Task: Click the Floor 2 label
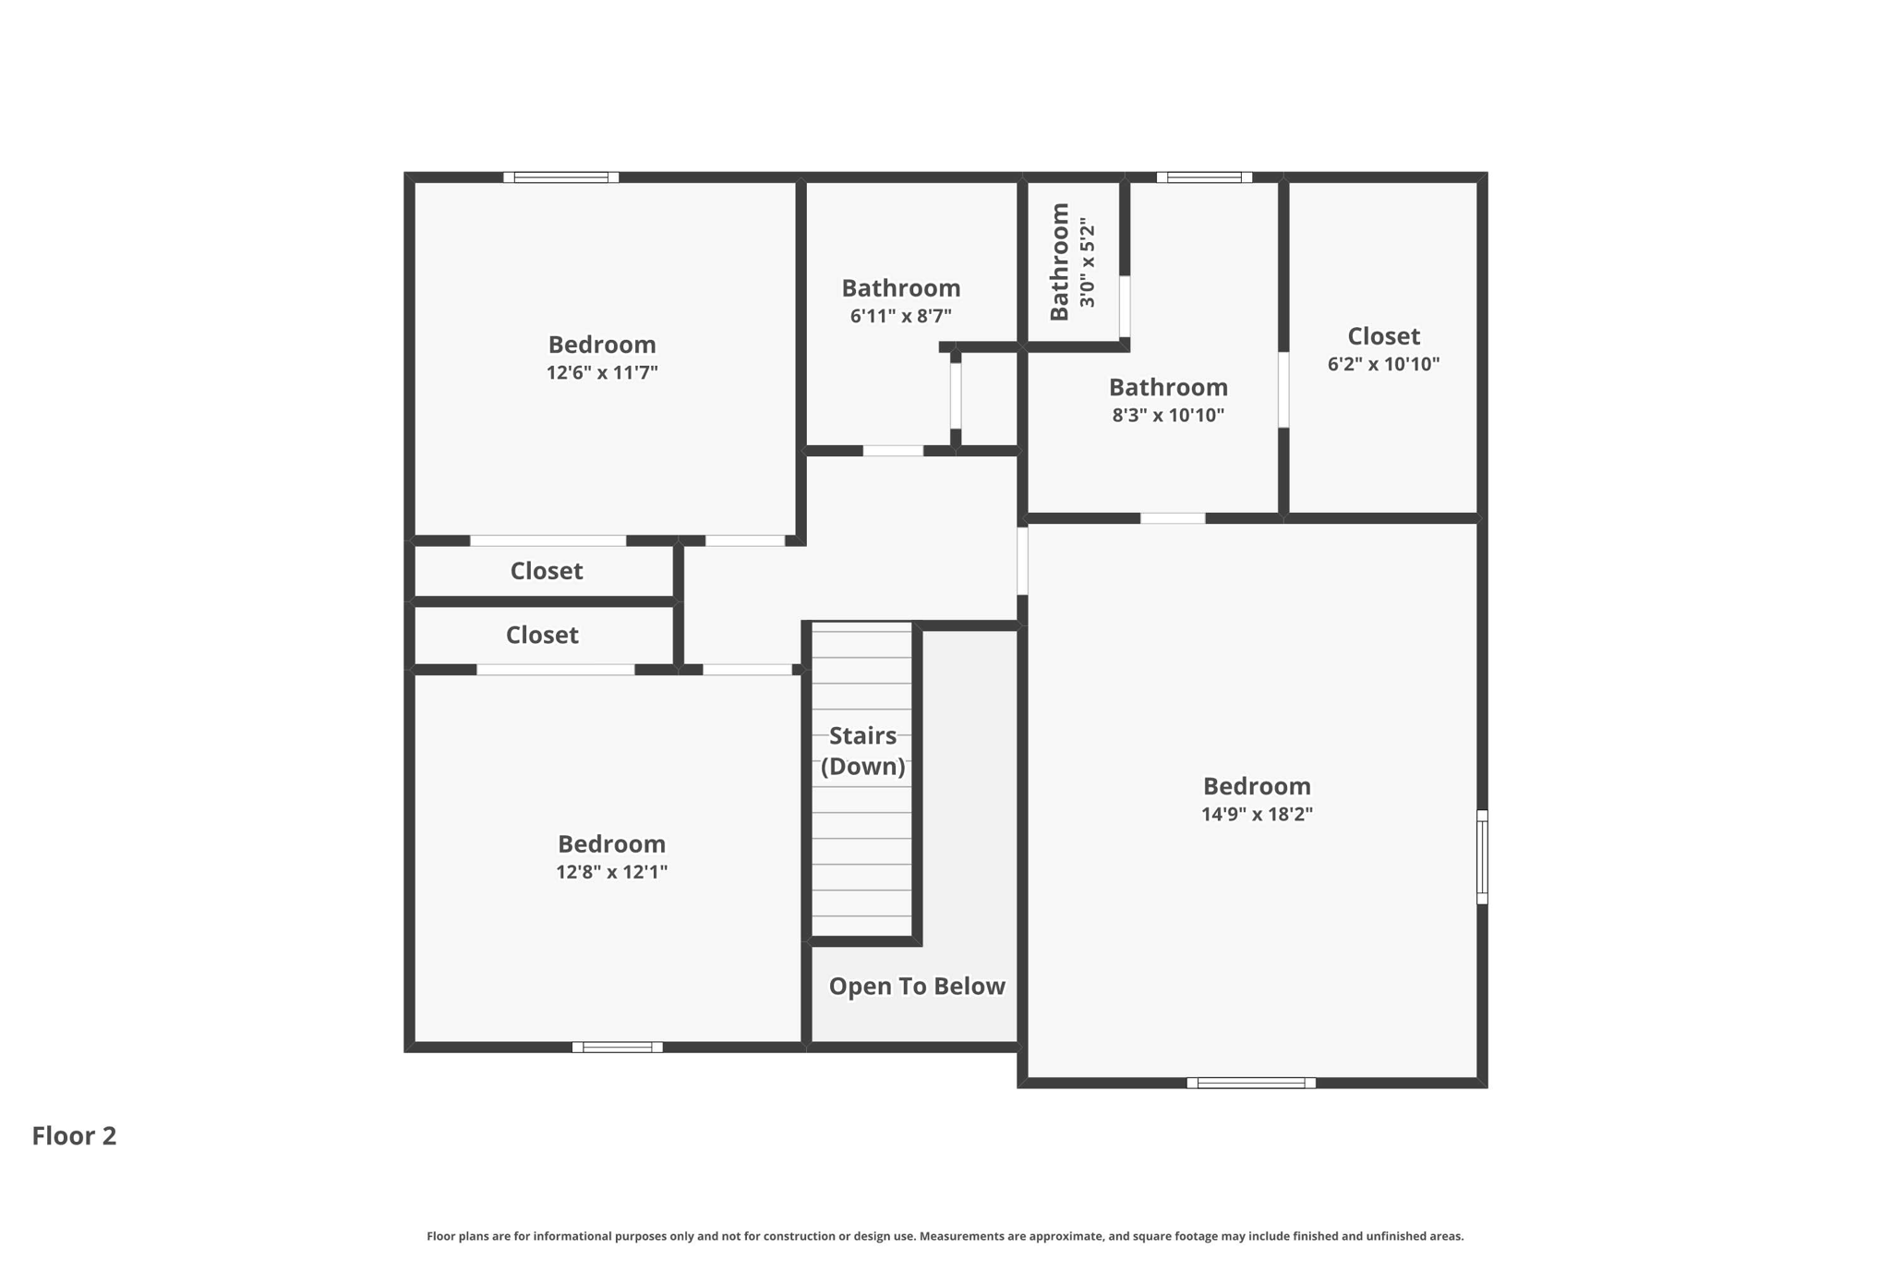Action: point(74,1135)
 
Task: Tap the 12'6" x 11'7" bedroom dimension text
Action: point(602,372)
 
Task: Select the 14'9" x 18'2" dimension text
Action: point(1257,814)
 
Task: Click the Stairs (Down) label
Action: point(862,750)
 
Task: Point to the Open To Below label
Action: point(916,986)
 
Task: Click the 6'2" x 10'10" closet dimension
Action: point(1383,364)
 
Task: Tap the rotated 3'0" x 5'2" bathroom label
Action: point(1073,262)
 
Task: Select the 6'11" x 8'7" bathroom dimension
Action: point(900,316)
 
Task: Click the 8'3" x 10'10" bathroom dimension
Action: point(1168,415)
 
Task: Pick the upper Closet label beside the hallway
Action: point(546,571)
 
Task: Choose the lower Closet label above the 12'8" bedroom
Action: point(542,635)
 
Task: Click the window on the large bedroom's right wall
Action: point(1481,856)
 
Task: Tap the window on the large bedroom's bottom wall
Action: point(1250,1082)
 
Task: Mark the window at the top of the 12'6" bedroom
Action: point(560,177)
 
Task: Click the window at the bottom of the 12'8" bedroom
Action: point(617,1047)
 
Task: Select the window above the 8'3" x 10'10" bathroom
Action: point(1204,177)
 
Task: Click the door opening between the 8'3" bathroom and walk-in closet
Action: point(1283,389)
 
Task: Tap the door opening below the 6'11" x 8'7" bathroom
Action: point(893,451)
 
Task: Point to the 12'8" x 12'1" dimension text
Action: point(611,871)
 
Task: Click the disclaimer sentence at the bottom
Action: point(945,1236)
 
